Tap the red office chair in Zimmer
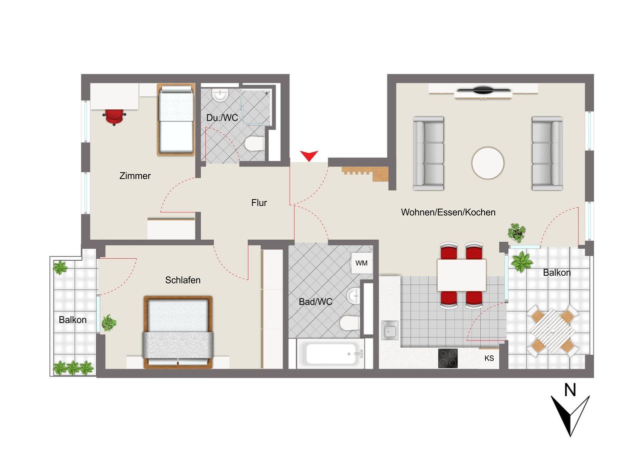(114, 117)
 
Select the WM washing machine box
(361, 263)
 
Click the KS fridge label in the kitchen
(489, 358)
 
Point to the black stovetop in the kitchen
(448, 358)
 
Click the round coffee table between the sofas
(488, 163)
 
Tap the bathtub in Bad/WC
(330, 354)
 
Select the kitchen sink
(390, 330)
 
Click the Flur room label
(259, 203)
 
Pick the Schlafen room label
(183, 280)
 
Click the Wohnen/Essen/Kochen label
(448, 212)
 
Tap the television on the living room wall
(484, 90)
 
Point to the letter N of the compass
(570, 390)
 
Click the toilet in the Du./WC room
(254, 143)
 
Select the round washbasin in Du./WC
(220, 95)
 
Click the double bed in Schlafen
(178, 332)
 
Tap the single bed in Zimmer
(176, 119)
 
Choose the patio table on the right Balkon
(552, 331)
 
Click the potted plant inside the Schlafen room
(109, 323)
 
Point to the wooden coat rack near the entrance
(365, 174)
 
